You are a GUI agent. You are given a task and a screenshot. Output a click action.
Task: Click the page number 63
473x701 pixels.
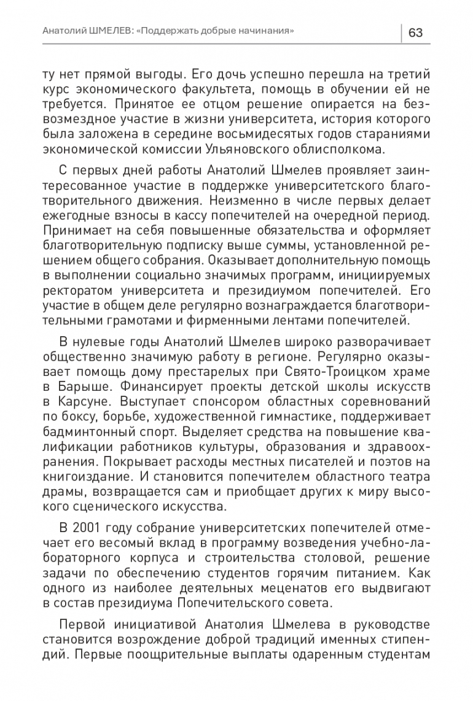pyautogui.click(x=415, y=33)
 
